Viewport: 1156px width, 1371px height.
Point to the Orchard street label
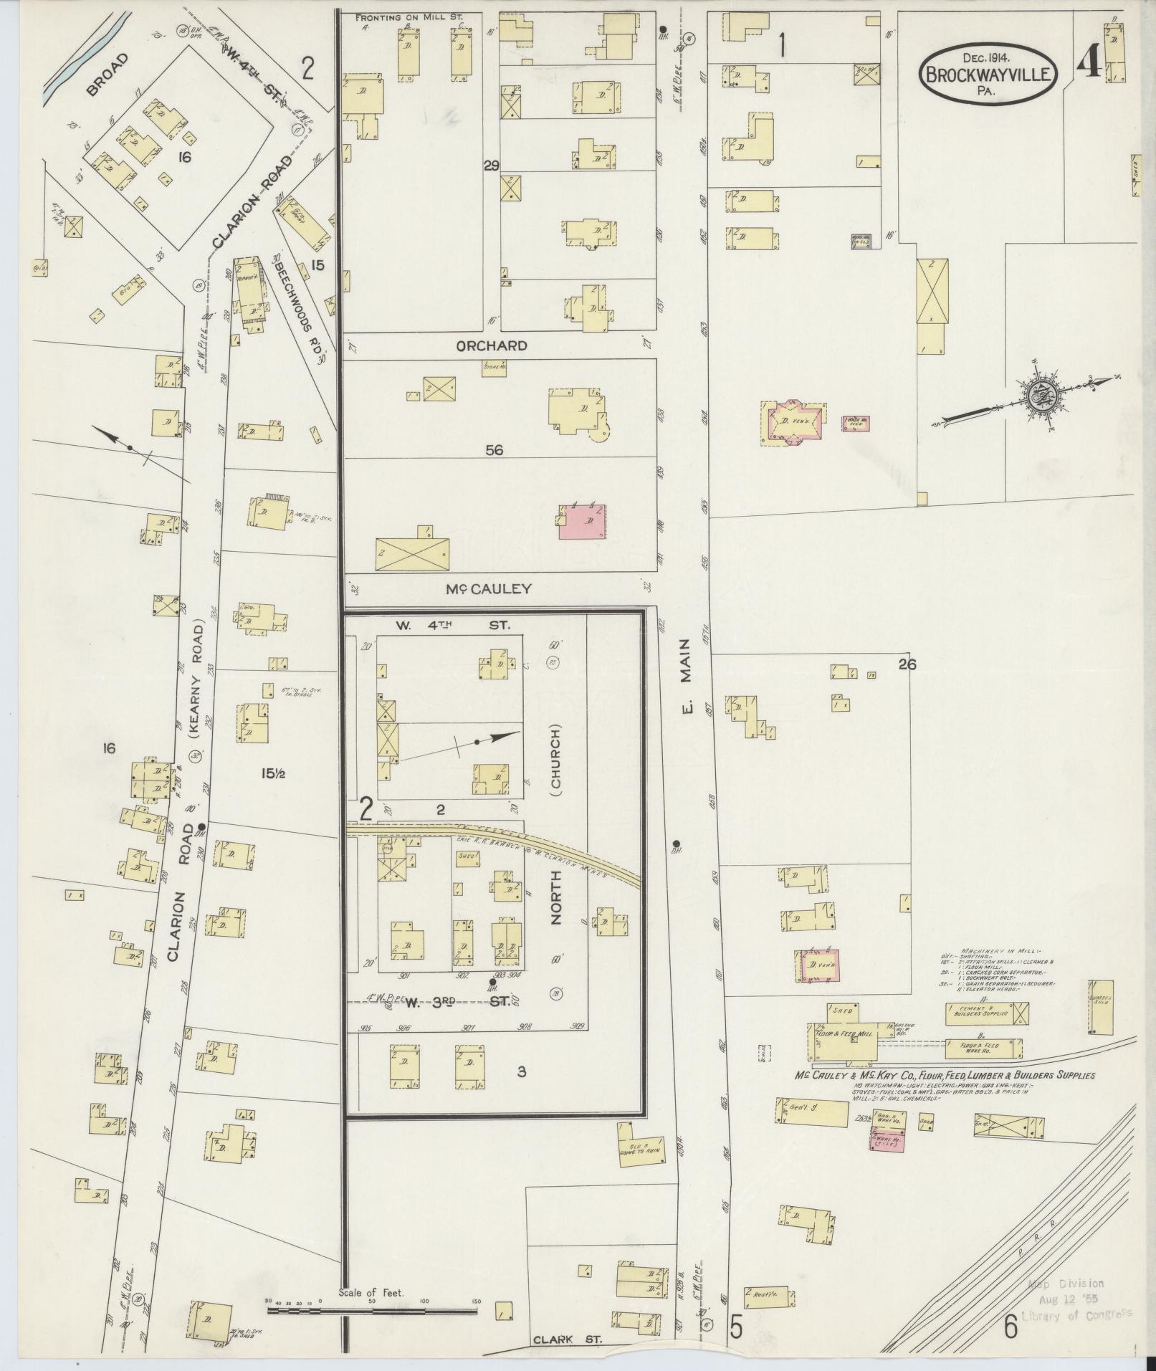(492, 345)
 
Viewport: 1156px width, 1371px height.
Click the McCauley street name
(489, 588)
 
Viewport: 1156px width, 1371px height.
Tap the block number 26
(907, 664)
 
